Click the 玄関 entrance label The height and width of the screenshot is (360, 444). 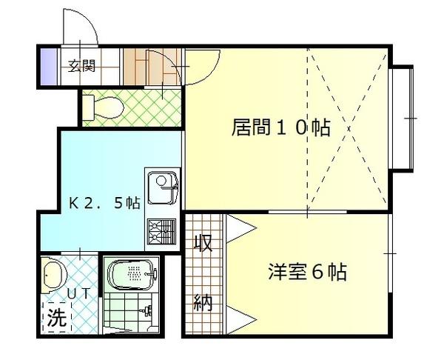click(x=82, y=66)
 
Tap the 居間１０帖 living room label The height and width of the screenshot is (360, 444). click(x=281, y=128)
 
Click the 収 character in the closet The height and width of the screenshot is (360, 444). click(x=203, y=243)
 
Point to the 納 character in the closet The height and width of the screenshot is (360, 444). click(x=203, y=302)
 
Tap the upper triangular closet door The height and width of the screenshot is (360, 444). click(x=239, y=228)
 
